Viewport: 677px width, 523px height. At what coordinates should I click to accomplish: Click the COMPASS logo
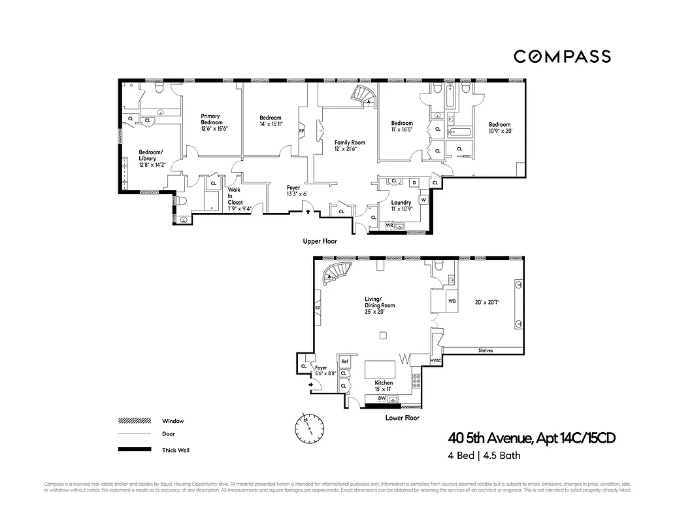[562, 56]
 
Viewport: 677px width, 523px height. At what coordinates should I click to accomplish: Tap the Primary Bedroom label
[211, 122]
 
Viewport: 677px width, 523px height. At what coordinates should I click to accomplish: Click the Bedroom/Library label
[152, 158]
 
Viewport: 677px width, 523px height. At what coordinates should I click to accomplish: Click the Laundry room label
[401, 206]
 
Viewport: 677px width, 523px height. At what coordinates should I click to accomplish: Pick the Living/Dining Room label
[380, 305]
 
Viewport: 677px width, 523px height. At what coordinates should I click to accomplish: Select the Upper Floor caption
[320, 241]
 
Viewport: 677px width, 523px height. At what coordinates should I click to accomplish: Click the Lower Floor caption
[403, 418]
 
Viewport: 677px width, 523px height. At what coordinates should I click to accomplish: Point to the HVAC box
[437, 361]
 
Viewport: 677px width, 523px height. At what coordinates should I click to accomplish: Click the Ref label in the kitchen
[344, 362]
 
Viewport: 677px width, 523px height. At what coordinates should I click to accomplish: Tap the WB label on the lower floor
[451, 301]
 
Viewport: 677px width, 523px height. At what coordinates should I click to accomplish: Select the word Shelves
[485, 351]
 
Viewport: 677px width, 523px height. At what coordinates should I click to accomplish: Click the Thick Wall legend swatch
[134, 450]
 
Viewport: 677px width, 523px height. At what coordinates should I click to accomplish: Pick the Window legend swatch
[134, 421]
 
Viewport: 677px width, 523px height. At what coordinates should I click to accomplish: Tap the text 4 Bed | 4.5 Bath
[481, 456]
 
